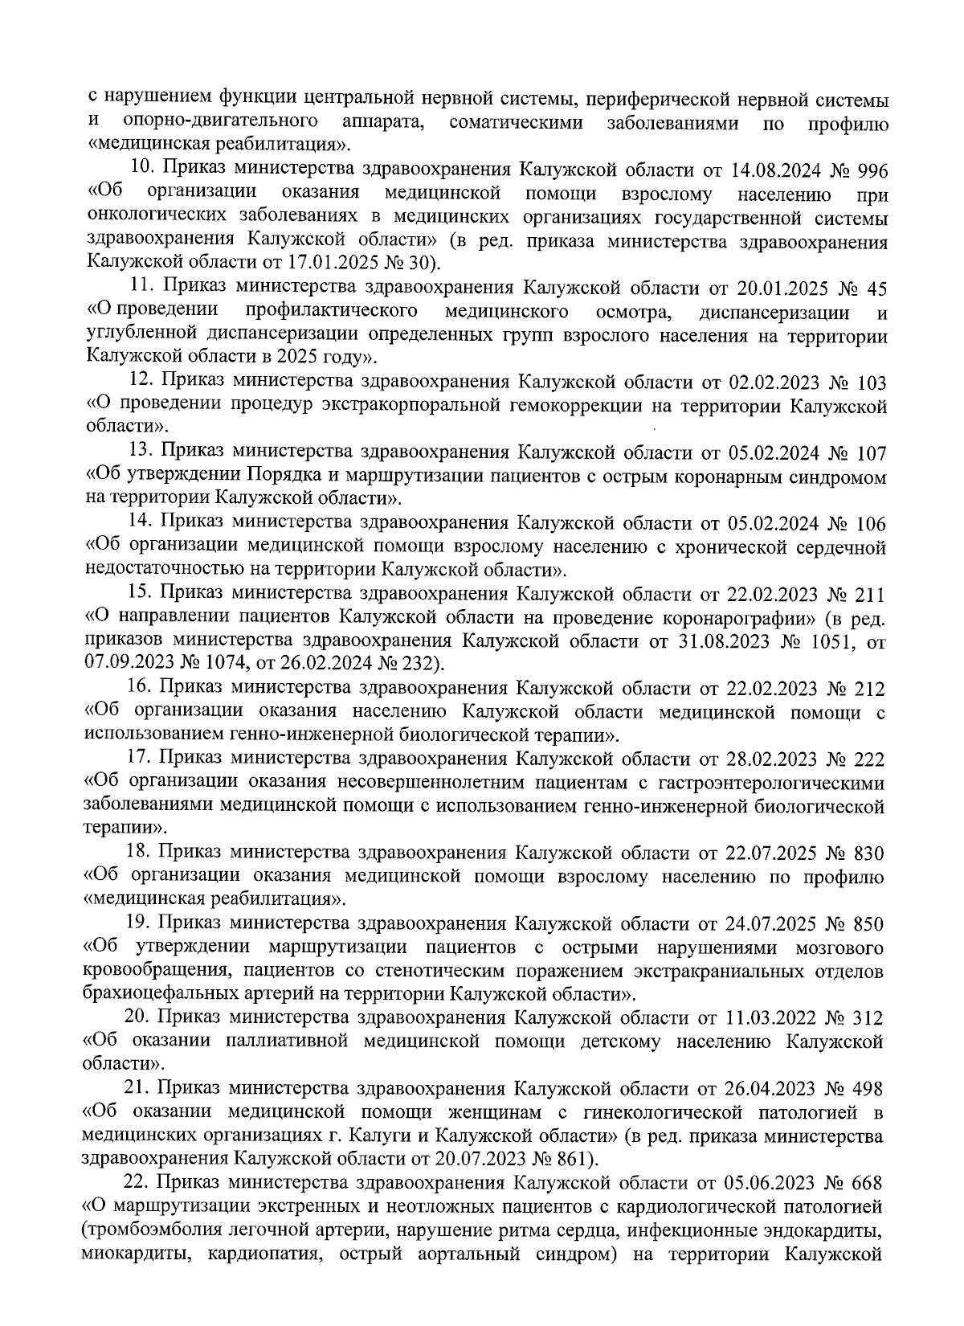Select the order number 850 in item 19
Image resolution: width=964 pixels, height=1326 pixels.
click(x=867, y=924)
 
